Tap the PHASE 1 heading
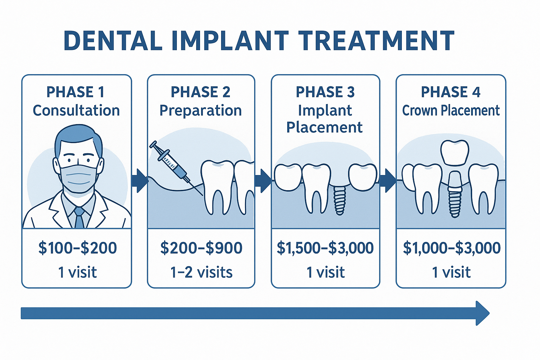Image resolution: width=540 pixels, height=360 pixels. [x=76, y=92]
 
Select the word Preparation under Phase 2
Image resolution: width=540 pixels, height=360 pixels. [x=200, y=110]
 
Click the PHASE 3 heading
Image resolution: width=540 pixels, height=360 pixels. [x=325, y=92]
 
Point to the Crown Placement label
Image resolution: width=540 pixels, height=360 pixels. [x=451, y=110]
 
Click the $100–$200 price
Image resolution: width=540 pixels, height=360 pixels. [x=77, y=248]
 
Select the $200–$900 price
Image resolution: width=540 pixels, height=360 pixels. [x=201, y=248]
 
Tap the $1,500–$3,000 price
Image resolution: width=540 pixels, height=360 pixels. [x=325, y=248]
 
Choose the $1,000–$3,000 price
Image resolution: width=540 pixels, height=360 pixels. [x=451, y=248]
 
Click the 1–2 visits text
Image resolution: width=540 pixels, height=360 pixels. [x=201, y=272]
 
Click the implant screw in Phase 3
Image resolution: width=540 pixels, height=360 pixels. [x=340, y=200]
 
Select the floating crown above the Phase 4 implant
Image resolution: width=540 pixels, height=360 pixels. [x=455, y=153]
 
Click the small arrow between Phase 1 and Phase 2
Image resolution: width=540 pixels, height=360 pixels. [x=140, y=181]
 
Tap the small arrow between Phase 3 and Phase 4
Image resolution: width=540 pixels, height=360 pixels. [x=388, y=181]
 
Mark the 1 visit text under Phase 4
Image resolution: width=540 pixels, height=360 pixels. [x=451, y=272]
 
